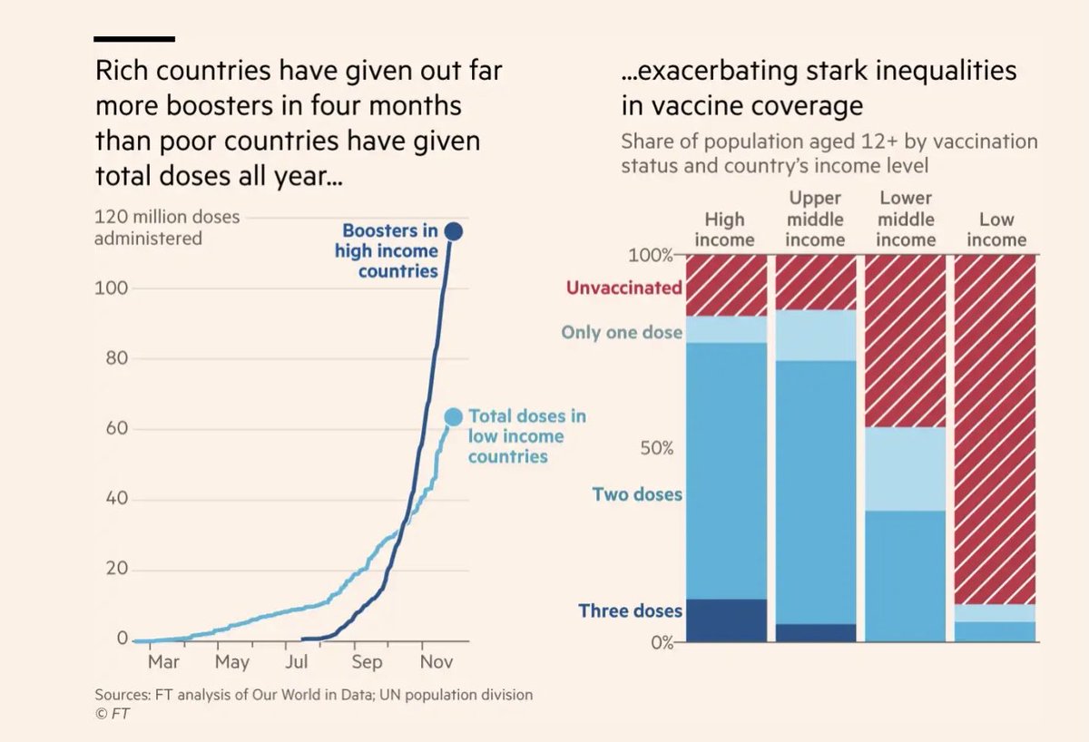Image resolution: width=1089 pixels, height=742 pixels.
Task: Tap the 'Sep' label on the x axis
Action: point(367,662)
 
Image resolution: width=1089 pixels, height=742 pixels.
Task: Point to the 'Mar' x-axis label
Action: point(163,662)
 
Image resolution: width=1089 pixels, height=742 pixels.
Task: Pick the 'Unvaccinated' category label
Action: point(623,288)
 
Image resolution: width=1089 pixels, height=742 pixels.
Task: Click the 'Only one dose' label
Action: point(622,333)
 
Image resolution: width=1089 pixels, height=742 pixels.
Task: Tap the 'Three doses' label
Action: point(630,610)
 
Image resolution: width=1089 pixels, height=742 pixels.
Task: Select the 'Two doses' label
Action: point(637,495)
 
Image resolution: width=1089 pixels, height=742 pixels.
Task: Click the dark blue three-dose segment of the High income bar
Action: point(726,620)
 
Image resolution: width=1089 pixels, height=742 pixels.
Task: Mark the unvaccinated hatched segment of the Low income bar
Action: point(996,426)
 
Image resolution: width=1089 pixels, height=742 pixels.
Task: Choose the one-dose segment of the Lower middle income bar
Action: point(906,469)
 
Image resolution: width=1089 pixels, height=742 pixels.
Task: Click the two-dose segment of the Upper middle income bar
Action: point(816,490)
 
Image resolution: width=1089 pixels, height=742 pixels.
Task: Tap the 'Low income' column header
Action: point(996,229)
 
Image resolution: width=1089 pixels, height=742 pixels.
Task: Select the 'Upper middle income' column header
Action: point(816,219)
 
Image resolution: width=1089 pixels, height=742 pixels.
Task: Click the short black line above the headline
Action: point(134,39)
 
